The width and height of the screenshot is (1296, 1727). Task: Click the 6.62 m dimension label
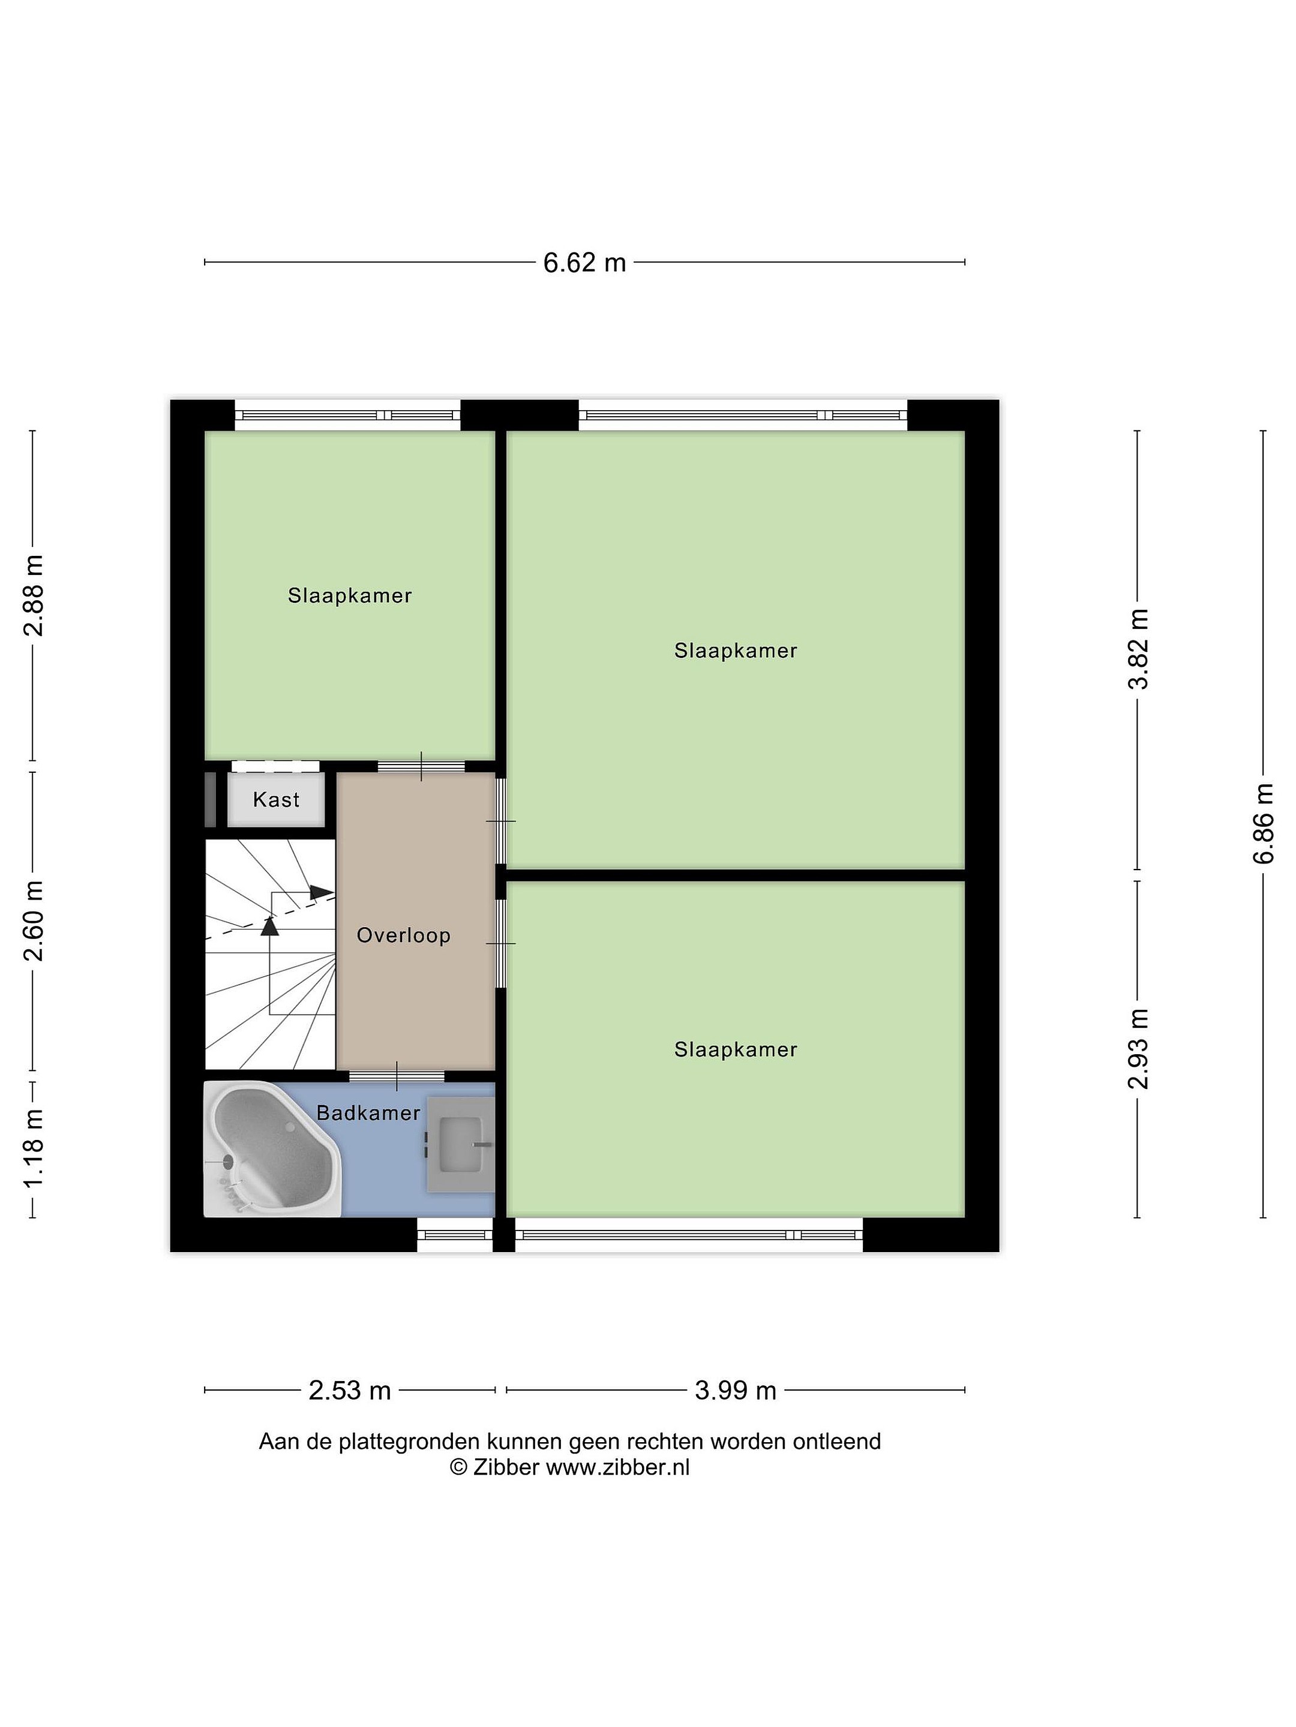pos(584,263)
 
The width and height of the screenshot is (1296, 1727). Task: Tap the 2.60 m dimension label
pos(34,920)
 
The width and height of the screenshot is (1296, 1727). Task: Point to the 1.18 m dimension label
pos(34,1147)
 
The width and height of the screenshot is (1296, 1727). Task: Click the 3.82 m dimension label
pos(1138,649)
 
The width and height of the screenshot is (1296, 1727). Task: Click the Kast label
pos(276,799)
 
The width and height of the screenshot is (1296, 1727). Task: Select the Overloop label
pos(403,935)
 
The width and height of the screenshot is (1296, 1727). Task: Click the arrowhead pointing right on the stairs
pos(322,892)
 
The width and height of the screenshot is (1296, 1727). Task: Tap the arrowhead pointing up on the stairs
pos(269,925)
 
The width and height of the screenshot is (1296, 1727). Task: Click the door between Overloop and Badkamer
pos(396,1076)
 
